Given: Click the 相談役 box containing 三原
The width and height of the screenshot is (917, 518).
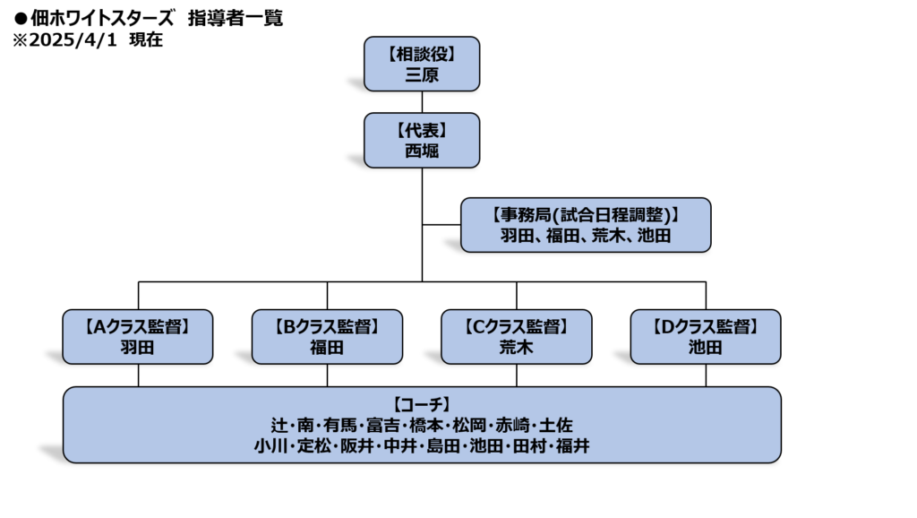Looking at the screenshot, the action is coord(422,64).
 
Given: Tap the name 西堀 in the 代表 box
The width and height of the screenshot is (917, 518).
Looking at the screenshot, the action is coord(422,151).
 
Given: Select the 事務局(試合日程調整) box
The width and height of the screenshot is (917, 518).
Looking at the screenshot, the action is coord(586,225).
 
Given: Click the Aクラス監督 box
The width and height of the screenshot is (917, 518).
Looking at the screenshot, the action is coord(137,337).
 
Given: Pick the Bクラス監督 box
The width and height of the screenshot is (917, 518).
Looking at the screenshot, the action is coord(327,337).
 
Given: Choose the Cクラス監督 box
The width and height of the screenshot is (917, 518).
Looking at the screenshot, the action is coord(517,337).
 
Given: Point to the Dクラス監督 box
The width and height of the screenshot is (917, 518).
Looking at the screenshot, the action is coord(706,337).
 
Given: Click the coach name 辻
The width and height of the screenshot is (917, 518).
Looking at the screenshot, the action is coord(279,425).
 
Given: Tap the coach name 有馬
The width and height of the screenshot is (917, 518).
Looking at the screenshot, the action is coord(339,425).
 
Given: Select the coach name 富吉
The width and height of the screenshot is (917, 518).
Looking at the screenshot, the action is coord(383,425).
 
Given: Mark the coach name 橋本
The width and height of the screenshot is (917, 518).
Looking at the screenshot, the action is coord(426,425).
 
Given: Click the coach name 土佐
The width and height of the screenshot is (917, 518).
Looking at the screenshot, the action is coord(555,425).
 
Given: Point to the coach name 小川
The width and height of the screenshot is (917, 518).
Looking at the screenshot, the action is coord(270,446).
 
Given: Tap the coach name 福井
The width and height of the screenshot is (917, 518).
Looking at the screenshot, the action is coord(572,446).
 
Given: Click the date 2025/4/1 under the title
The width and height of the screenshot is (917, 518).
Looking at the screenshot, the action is coord(73,39).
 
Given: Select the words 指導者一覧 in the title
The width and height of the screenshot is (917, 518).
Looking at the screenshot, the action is coord(236,18).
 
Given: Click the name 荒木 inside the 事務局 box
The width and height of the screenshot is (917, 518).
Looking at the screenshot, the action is coord(609,236).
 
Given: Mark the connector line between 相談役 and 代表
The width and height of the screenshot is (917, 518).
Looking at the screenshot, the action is coord(422,102).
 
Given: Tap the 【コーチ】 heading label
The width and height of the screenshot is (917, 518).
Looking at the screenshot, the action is coord(422,404).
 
